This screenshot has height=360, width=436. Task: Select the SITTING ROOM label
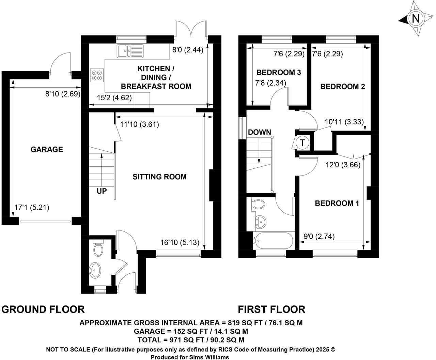(x=159, y=177)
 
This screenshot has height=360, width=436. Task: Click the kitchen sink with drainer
(x=130, y=51)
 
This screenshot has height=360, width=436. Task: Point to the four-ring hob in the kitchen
(x=97, y=75)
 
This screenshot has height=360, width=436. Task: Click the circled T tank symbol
(x=302, y=142)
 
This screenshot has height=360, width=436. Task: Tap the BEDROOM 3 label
(x=279, y=72)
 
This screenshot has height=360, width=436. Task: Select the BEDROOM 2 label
(x=342, y=87)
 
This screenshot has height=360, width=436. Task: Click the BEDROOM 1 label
(x=337, y=203)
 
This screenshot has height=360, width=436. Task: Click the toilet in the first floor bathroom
(x=259, y=205)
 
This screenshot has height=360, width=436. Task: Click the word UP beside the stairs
(x=102, y=191)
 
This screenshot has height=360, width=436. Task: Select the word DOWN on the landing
(x=259, y=132)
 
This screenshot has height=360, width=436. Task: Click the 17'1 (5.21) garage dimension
(x=32, y=207)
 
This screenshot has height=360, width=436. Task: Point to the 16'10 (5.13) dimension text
(x=179, y=242)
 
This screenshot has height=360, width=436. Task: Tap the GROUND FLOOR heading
(x=43, y=309)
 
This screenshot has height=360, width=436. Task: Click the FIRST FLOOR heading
(x=271, y=309)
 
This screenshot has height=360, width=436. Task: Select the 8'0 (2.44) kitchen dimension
(x=187, y=50)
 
